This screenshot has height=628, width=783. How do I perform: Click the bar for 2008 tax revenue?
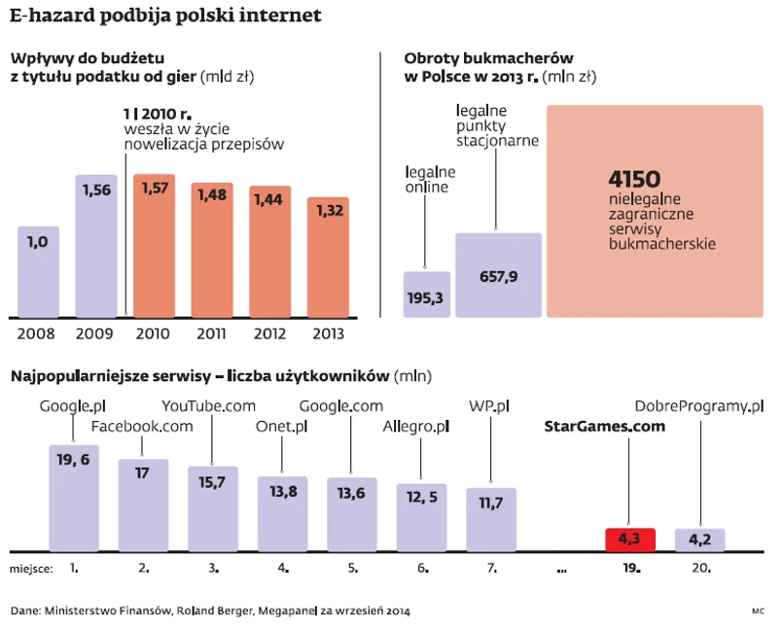click(39, 272)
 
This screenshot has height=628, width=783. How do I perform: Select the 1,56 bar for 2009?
click(95, 248)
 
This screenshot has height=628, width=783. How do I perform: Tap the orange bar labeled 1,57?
click(154, 248)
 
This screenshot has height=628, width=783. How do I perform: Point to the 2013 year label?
click(327, 333)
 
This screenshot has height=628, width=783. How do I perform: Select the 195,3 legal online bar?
click(426, 295)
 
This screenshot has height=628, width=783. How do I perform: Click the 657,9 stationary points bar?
click(498, 275)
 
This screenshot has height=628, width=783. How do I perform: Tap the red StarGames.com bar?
click(630, 540)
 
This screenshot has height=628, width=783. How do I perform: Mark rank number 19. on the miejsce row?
click(630, 567)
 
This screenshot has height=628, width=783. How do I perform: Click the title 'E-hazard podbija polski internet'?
click(165, 17)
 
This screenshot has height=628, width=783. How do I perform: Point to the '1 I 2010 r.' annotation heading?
click(157, 113)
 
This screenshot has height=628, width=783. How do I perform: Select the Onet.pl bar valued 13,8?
click(282, 513)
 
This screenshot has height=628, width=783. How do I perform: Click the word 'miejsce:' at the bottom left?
click(31, 567)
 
